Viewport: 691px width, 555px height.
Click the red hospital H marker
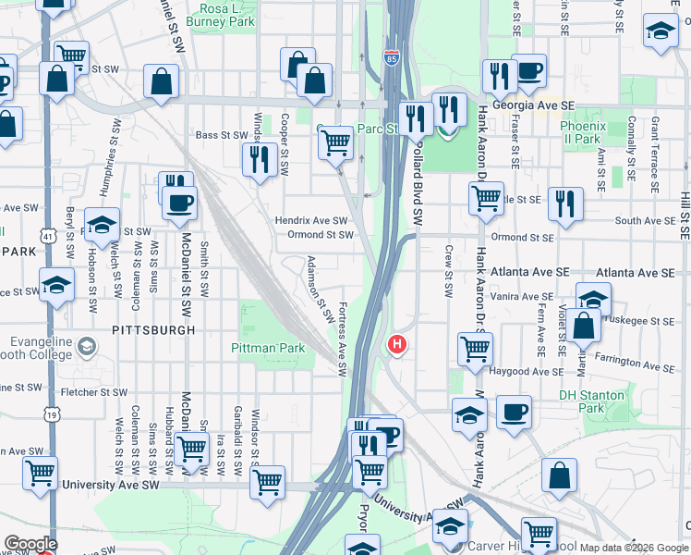[x=397, y=345]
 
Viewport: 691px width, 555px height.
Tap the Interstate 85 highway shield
[x=392, y=57]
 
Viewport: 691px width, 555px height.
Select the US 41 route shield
[x=45, y=238]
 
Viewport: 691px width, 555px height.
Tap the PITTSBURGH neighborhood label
[x=153, y=329]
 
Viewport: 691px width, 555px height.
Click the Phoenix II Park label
[x=582, y=131]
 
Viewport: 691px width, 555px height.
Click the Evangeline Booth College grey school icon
[x=86, y=347]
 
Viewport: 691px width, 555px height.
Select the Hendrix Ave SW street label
[x=311, y=221]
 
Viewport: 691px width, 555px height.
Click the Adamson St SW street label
[x=320, y=288]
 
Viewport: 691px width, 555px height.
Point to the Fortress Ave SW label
[x=342, y=339]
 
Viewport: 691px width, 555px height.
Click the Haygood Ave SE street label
[x=524, y=372]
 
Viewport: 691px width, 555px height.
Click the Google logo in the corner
[x=30, y=544]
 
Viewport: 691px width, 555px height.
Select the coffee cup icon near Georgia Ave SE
[x=528, y=72]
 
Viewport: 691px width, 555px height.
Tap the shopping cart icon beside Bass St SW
[x=334, y=142]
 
